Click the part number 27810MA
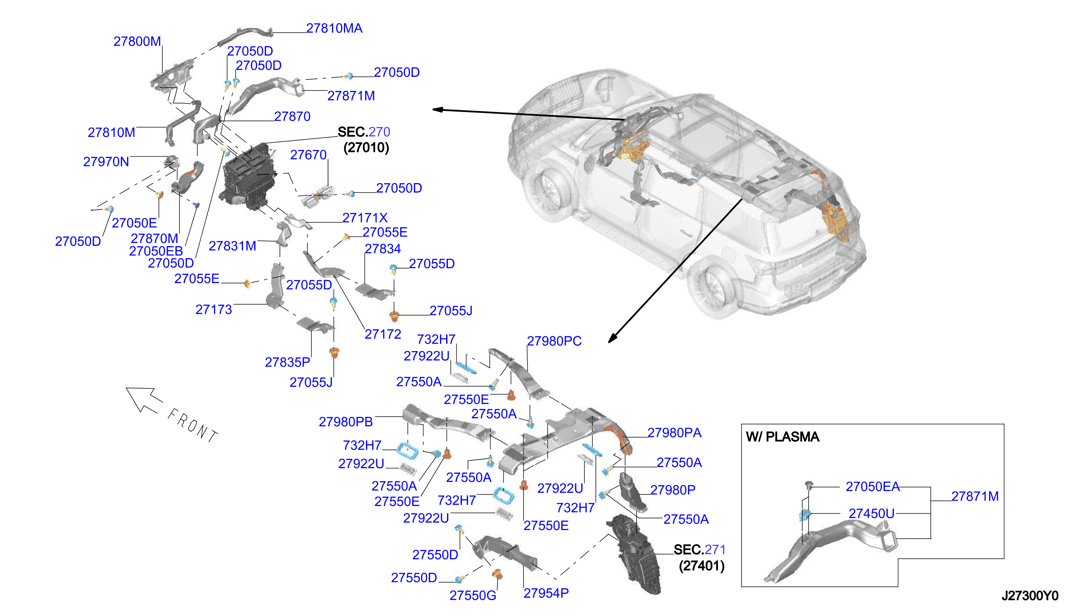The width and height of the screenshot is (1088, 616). click(334, 28)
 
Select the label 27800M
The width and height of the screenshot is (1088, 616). click(137, 42)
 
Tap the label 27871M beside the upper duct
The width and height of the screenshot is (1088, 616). click(351, 96)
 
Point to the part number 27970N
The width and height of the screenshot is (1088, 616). click(106, 162)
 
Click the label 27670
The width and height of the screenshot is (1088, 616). click(308, 155)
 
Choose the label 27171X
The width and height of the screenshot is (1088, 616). click(365, 218)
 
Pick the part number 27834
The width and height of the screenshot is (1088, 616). click(383, 249)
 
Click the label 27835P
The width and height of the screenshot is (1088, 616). click(287, 362)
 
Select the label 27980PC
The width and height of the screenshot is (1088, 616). click(554, 342)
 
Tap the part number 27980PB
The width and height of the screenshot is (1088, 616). click(346, 422)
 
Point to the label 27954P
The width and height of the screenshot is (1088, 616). click(546, 594)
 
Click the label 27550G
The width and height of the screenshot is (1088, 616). click(473, 596)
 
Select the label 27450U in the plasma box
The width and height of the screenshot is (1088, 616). click(872, 513)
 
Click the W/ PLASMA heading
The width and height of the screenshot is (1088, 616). click(783, 437)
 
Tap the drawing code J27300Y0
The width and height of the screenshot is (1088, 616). click(1030, 596)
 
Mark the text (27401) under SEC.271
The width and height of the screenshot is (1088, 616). click(702, 566)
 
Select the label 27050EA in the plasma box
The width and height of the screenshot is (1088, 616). click(872, 487)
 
